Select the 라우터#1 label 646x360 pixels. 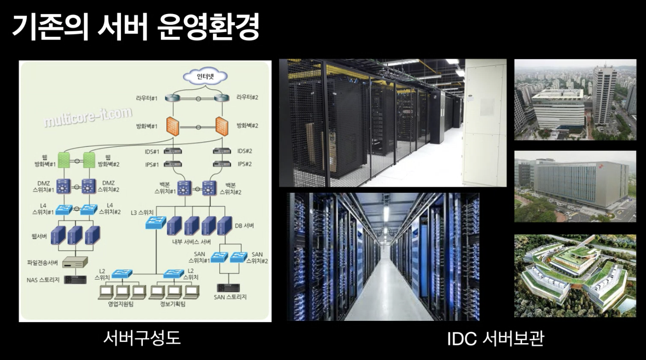(147, 98)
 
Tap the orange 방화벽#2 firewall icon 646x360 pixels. (221, 126)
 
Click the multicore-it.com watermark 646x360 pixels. (88, 117)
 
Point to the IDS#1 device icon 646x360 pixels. (173, 152)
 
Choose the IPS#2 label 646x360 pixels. (245, 164)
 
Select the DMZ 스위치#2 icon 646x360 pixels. (88, 186)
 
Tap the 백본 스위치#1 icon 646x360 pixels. (184, 187)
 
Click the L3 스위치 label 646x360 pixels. (142, 212)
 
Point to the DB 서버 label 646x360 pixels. (244, 226)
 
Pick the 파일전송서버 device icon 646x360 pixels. (75, 262)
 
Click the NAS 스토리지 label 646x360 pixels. (43, 280)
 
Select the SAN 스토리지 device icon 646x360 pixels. (229, 288)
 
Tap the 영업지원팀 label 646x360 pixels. (120, 304)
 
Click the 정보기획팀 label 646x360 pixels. (173, 304)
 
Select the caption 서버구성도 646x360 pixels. (142, 338)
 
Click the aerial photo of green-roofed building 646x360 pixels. (575, 276)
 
